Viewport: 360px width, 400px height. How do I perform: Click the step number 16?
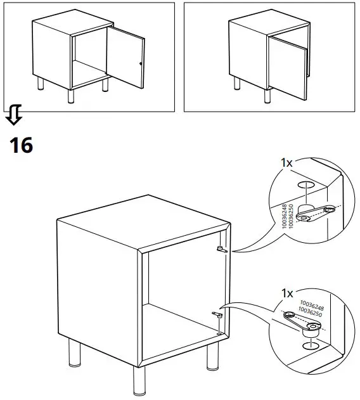[x=21, y=145]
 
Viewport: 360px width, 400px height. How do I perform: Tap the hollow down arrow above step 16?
[x=15, y=116]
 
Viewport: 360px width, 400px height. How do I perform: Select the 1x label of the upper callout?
[x=286, y=163]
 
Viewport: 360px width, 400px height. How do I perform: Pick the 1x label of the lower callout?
[x=286, y=293]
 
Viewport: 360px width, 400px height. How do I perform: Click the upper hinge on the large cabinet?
[x=221, y=249]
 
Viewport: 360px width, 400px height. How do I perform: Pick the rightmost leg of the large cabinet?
[x=210, y=358]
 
